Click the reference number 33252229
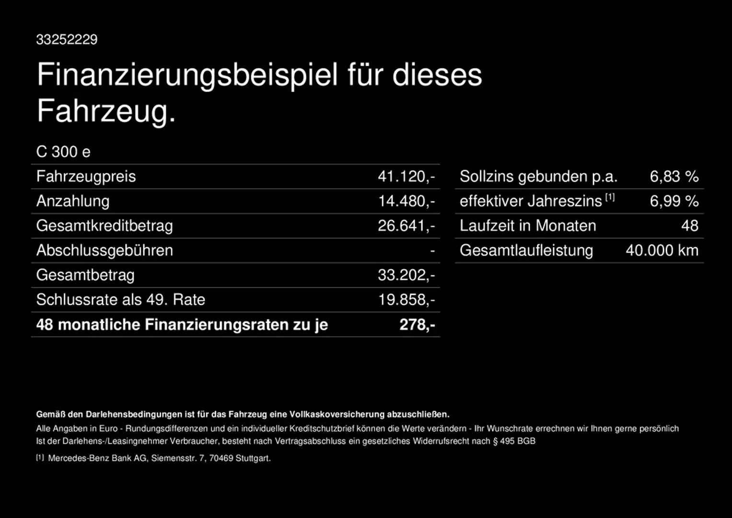pyautogui.click(x=67, y=39)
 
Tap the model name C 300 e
pyautogui.click(x=63, y=152)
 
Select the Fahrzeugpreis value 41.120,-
pyautogui.click(x=406, y=177)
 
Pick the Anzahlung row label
pyautogui.click(x=73, y=201)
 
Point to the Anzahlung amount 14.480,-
pyautogui.click(x=406, y=201)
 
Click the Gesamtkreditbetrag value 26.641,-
pyautogui.click(x=406, y=225)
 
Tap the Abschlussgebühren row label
pyautogui.click(x=105, y=250)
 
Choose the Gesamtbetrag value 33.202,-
pyautogui.click(x=406, y=275)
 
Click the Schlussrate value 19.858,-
pyautogui.click(x=406, y=300)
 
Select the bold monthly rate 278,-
pyautogui.click(x=417, y=325)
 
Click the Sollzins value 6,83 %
pyautogui.click(x=674, y=177)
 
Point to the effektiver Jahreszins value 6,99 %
pyautogui.click(x=674, y=201)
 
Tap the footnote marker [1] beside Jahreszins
pyautogui.click(x=610, y=197)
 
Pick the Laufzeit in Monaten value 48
pyautogui.click(x=690, y=225)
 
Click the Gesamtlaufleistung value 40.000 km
pyautogui.click(x=662, y=250)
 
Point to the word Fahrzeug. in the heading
pyautogui.click(x=106, y=111)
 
